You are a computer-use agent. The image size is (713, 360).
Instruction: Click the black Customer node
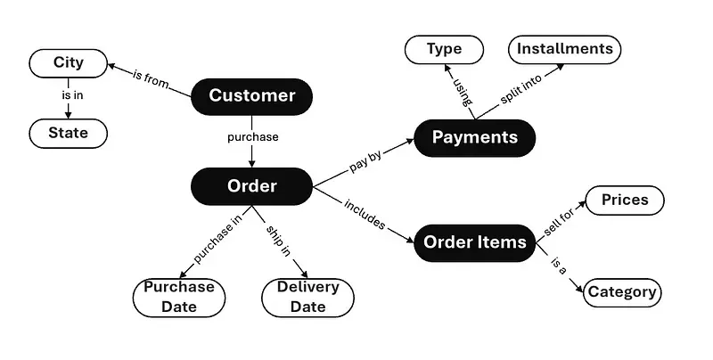coord(251,96)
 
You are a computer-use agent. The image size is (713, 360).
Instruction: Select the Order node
coord(251,186)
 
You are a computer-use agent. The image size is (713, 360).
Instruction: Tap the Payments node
coord(474,137)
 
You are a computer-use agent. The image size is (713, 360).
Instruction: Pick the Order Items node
coord(474,242)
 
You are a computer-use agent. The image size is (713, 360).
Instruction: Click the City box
coord(69,63)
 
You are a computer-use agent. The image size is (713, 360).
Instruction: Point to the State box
coord(69,134)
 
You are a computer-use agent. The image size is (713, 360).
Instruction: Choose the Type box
coord(443,49)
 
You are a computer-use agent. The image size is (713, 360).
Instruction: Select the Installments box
coord(565,49)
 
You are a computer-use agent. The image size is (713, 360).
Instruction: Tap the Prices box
coord(624,200)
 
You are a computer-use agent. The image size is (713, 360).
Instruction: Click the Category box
coord(622,291)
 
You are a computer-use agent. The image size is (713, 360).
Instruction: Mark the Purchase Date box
coord(179,297)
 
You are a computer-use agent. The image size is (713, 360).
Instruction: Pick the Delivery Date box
coord(307,297)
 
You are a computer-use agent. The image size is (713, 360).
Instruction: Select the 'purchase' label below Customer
coord(252,137)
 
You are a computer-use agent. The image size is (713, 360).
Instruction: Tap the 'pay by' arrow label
coord(365,162)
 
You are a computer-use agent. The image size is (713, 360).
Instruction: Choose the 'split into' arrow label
coord(520,93)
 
